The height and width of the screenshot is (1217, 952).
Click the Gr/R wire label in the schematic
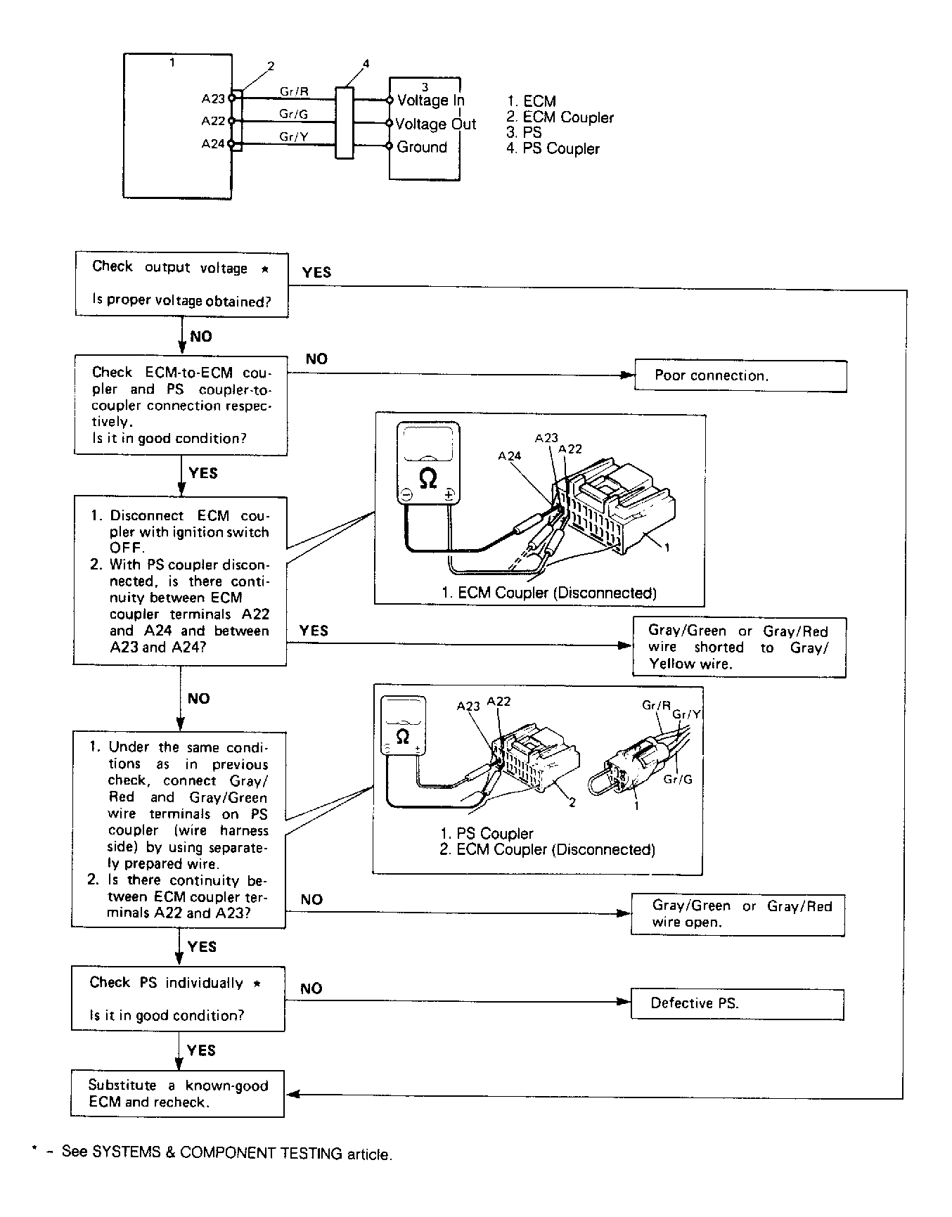click(x=294, y=91)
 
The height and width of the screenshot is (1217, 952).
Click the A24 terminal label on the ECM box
click(x=212, y=144)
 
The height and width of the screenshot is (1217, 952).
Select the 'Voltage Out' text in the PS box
click(x=435, y=124)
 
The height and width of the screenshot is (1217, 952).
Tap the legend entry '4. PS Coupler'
click(x=553, y=149)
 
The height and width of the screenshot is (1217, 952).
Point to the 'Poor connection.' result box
click(x=740, y=376)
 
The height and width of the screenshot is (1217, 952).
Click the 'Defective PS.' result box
click(x=737, y=1004)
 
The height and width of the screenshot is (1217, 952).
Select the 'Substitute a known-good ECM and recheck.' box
click(x=178, y=1094)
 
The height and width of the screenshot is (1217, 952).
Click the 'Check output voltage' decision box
click(x=181, y=285)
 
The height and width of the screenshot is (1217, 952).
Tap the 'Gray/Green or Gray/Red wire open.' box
click(x=738, y=915)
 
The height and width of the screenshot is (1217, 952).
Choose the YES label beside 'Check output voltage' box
click(x=316, y=273)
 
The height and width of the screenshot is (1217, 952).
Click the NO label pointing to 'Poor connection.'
click(x=316, y=359)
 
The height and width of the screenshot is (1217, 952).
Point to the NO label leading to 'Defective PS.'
click(x=311, y=989)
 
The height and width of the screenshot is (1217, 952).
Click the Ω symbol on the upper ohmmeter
click(x=427, y=479)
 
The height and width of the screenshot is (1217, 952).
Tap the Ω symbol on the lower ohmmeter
click(x=403, y=737)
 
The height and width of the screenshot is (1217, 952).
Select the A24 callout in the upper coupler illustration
click(x=509, y=456)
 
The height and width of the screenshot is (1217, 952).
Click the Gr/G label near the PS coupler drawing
click(x=678, y=780)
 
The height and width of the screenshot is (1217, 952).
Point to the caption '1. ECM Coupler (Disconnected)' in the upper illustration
click(x=548, y=593)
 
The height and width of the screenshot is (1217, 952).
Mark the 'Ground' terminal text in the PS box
click(x=422, y=148)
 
